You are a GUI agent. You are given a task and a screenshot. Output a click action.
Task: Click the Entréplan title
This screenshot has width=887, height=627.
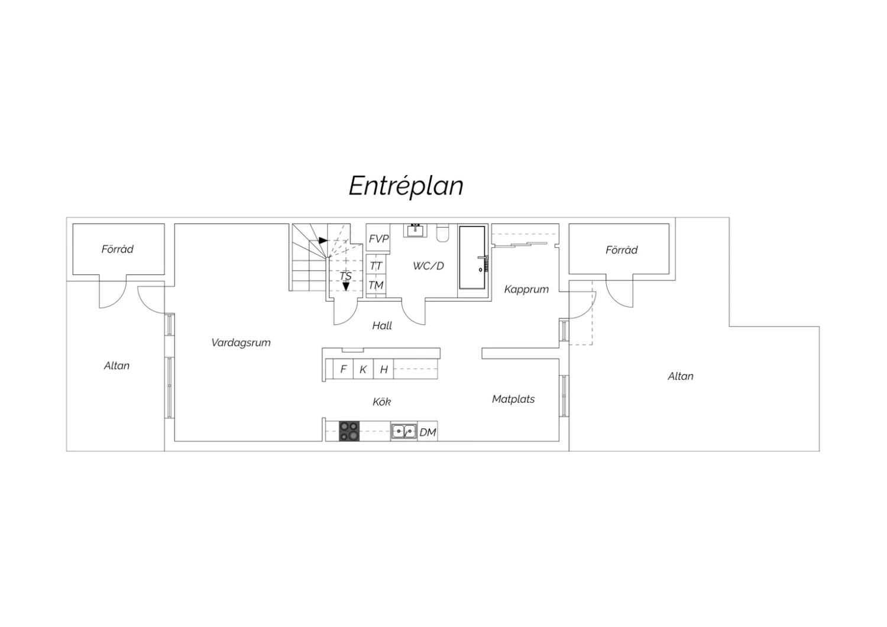click(x=406, y=186)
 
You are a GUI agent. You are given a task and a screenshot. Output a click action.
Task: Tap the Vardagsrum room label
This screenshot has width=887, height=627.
click(x=241, y=342)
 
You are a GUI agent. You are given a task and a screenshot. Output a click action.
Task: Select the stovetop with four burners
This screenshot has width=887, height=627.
click(x=349, y=431)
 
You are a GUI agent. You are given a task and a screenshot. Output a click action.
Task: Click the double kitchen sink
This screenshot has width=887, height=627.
click(x=404, y=431)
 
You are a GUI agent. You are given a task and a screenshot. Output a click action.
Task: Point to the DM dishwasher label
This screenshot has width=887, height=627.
click(x=428, y=432)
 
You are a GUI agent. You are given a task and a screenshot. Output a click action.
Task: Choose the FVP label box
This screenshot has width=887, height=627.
click(x=378, y=238)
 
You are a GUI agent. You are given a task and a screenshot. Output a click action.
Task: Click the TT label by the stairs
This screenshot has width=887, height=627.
click(x=375, y=266)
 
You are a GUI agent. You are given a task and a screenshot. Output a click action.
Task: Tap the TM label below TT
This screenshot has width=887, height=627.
click(x=376, y=285)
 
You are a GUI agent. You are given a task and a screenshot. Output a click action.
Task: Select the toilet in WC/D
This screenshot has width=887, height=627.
click(x=442, y=233)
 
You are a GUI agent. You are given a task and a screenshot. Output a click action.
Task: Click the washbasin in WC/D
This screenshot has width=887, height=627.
click(x=415, y=230)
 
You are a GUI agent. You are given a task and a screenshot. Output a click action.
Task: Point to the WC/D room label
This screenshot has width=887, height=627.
click(x=429, y=266)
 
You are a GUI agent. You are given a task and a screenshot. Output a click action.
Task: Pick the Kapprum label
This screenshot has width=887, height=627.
click(x=526, y=289)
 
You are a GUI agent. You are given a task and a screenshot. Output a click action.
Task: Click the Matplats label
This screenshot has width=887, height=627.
click(x=513, y=399)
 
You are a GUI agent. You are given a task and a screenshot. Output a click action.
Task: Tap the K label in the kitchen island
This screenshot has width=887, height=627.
click(x=362, y=370)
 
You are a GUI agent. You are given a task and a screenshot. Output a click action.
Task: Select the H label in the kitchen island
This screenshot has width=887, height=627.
click(x=384, y=370)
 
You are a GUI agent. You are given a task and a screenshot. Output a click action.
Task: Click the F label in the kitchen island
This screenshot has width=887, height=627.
click(x=344, y=369)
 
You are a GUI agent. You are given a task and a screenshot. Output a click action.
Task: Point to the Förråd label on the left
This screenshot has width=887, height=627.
click(x=117, y=249)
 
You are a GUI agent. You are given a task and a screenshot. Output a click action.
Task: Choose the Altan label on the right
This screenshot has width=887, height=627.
click(x=680, y=376)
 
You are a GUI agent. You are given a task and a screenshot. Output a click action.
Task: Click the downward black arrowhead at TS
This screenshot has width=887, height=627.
click(x=346, y=286)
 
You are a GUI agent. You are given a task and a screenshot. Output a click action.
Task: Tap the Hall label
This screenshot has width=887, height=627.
click(x=382, y=325)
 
